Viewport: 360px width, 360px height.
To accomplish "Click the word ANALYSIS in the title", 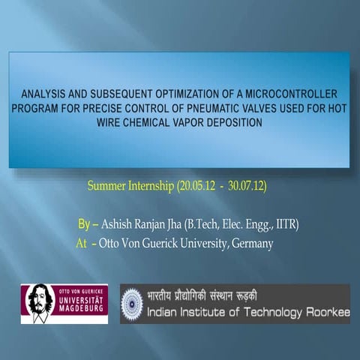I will (x=46, y=94).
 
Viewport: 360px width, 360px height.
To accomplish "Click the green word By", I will (x=84, y=224).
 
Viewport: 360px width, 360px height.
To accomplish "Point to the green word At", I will (x=81, y=243).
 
